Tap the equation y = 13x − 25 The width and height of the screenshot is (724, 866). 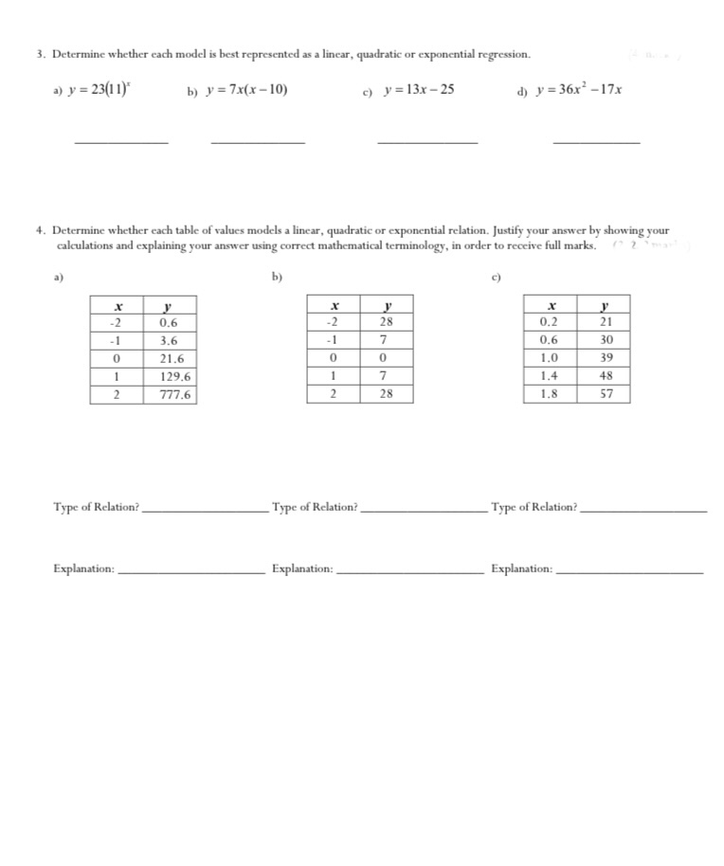tap(418, 90)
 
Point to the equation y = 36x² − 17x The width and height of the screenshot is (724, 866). tap(579, 90)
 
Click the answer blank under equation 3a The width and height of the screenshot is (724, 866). tap(121, 141)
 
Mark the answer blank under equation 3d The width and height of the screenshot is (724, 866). tap(595, 141)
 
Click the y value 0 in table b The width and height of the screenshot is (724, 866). tap(386, 359)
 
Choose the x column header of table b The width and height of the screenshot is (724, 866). tap(334, 306)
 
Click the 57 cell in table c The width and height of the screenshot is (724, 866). tap(606, 394)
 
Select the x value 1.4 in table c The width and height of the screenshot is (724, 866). tap(549, 376)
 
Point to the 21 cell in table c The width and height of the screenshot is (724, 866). tap(606, 322)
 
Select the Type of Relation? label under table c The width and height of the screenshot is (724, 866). tap(534, 508)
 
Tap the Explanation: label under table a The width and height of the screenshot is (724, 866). tap(84, 569)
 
